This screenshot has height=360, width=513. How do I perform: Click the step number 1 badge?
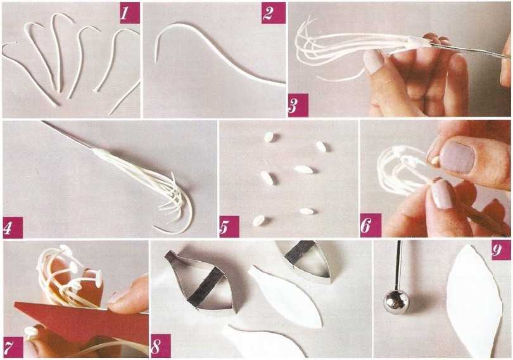[x=130, y=13]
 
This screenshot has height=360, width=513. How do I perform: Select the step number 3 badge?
[x=298, y=105]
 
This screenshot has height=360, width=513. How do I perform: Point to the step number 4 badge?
[x=13, y=228]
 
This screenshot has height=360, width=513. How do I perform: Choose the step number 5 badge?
[x=229, y=226]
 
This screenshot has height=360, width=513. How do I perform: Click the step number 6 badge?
[x=370, y=225]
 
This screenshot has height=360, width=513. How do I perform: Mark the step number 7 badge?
[x=13, y=347]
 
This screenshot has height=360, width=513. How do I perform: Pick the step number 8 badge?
[x=161, y=346]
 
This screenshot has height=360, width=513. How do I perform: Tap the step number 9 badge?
[x=501, y=250]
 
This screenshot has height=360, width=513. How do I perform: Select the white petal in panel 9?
[x=474, y=301]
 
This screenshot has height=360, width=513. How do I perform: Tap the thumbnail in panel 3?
[x=374, y=61]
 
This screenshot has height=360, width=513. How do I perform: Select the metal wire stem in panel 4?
[x=68, y=135]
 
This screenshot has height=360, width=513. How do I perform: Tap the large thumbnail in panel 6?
[x=457, y=157]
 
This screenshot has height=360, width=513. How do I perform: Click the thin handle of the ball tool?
[x=398, y=266]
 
